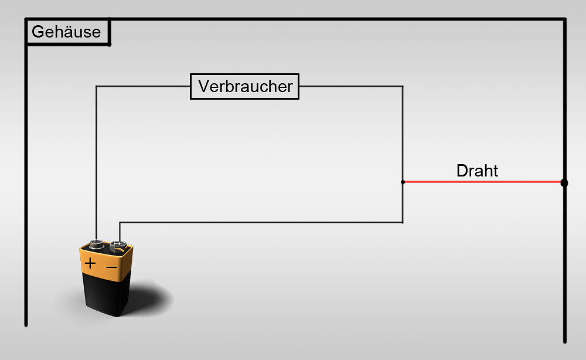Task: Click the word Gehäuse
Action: [x=66, y=32]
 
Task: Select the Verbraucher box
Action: [x=244, y=86]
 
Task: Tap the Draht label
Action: [x=477, y=171]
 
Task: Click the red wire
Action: [x=483, y=182]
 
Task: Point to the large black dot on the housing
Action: [x=564, y=183]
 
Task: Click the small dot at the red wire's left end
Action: [x=403, y=182]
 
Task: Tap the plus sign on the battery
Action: [x=90, y=264]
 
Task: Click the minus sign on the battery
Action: [x=112, y=267]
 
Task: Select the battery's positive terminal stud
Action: [x=97, y=244]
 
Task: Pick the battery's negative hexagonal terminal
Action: [x=118, y=247]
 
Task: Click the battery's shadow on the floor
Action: [x=149, y=299]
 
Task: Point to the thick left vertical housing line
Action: [x=26, y=172]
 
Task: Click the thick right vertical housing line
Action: [x=565, y=180]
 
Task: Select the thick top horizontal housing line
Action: [x=295, y=19]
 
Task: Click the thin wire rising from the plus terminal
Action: [x=97, y=162]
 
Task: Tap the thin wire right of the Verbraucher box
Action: [x=351, y=86]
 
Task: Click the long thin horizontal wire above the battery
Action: [x=261, y=222]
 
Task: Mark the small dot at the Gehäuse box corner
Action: [x=110, y=45]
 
